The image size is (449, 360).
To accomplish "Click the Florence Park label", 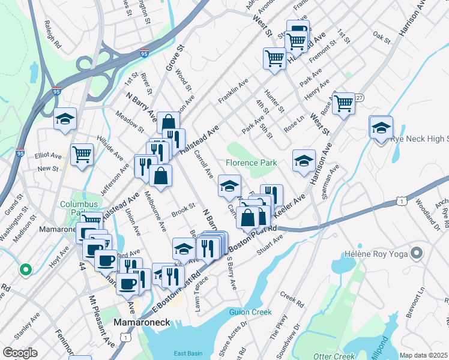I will tap(252, 163).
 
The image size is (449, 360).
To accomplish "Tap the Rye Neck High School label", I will tap(420, 139).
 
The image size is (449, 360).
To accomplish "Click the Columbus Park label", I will tap(78, 209).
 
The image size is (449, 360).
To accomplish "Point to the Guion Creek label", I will tap(250, 312).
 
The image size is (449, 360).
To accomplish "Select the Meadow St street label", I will tap(130, 122).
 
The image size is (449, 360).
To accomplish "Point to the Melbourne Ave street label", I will tap(155, 212).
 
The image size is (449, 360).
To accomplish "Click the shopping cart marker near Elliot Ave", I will tap(82, 154).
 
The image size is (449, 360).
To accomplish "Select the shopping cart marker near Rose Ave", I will tap(344, 103).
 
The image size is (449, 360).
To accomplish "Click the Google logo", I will tap(20, 353).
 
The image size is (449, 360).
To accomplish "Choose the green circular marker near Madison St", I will tap(25, 270).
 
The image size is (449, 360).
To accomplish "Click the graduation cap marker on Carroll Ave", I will tap(229, 185).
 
